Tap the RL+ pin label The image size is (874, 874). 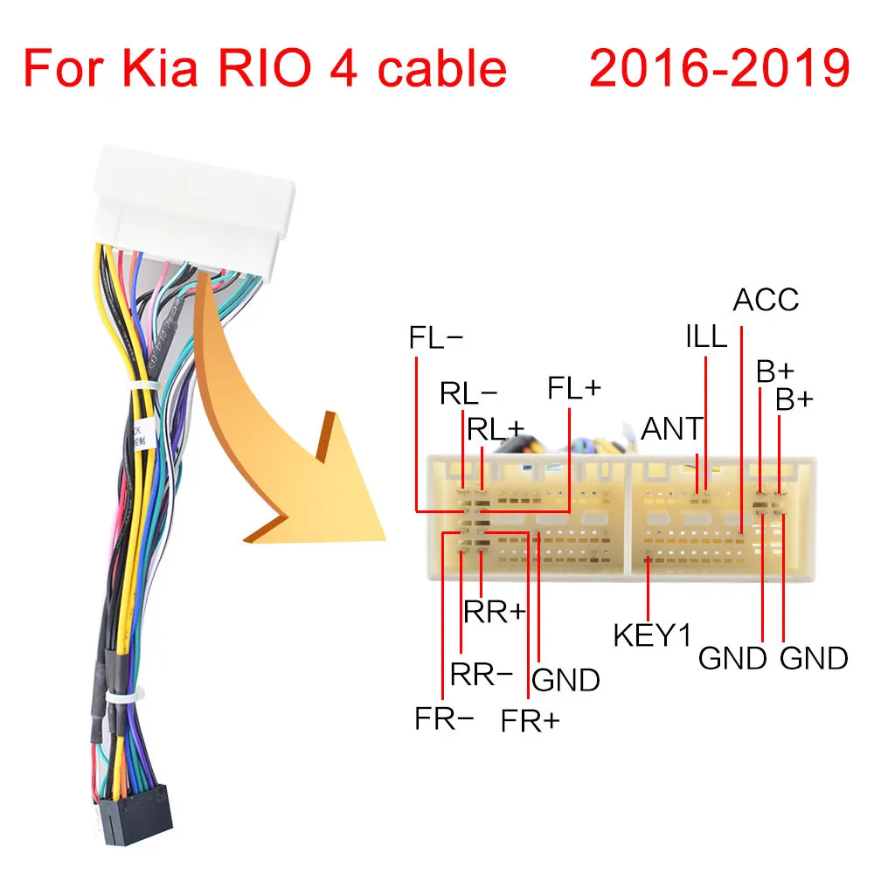pyautogui.click(x=496, y=428)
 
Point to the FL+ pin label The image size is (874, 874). pyautogui.click(x=574, y=388)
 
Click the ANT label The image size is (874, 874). pyautogui.click(x=671, y=429)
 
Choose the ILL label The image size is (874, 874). pyautogui.click(x=706, y=336)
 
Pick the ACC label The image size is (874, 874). pyautogui.click(x=766, y=300)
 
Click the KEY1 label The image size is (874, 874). pyautogui.click(x=652, y=635)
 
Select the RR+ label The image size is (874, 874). pyautogui.click(x=495, y=611)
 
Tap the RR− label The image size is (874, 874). pyautogui.click(x=481, y=674)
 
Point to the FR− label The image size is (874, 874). pyautogui.click(x=445, y=719)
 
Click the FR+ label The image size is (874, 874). pyautogui.click(x=531, y=721)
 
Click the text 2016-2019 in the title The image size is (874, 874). pyautogui.click(x=719, y=69)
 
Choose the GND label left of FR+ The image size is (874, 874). pyautogui.click(x=565, y=680)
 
